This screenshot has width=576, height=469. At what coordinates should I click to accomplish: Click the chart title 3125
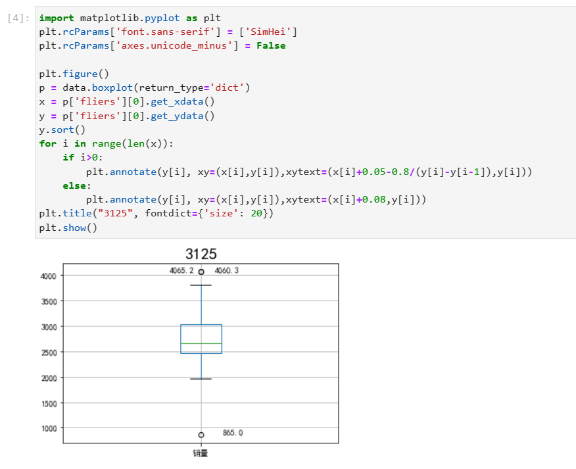coord(201,254)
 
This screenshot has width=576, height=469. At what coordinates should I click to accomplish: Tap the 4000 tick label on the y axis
coord(50,276)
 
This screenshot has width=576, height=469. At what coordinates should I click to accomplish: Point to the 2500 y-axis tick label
coord(50,353)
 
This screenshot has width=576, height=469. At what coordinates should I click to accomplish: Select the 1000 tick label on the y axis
coord(50,429)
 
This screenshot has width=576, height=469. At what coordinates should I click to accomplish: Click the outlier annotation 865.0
coord(233,433)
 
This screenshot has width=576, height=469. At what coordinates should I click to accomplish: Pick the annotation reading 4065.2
coord(181,270)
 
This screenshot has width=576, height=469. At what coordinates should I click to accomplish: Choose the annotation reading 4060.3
coord(227,270)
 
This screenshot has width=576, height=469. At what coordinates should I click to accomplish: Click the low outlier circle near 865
coord(201,435)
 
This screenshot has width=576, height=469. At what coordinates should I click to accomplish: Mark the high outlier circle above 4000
coord(201,272)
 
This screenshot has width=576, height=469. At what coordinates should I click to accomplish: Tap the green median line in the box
coord(201,343)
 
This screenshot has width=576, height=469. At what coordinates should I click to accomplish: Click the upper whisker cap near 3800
coord(201,285)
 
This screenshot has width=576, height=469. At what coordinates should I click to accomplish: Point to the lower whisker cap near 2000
coord(201,379)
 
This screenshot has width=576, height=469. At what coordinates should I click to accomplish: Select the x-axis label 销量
coord(201,453)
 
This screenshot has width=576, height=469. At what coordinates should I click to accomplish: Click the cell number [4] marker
coord(18,18)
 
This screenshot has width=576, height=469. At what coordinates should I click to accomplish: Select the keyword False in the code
coord(271,46)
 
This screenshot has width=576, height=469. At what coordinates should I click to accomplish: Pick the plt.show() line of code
coord(68,228)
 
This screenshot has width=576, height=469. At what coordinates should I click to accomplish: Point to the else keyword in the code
coord(74,186)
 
